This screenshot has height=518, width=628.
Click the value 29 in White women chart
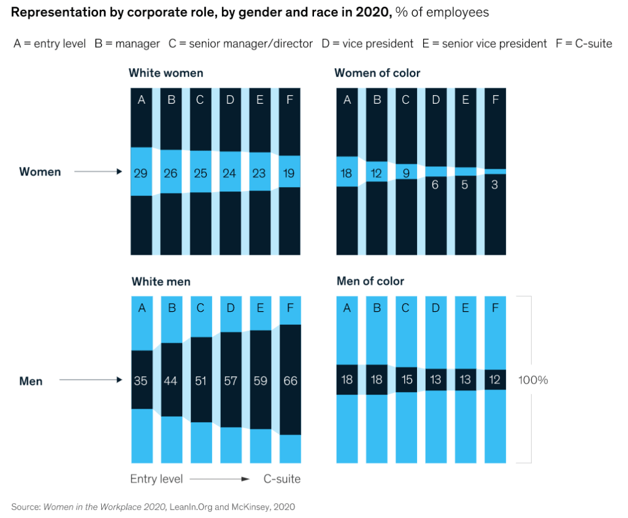coord(141,174)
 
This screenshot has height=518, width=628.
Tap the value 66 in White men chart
coord(290,381)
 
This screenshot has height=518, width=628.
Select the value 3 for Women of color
coord(495,184)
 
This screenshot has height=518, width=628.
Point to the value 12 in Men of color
coord(495,380)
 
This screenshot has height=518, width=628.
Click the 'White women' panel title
coord(166,73)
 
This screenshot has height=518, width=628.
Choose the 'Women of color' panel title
coord(377,73)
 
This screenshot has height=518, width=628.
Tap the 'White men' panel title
coord(161,282)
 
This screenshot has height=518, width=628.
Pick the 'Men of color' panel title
coord(370,282)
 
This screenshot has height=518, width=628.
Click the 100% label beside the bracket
coord(532,381)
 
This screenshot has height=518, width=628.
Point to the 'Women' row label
coord(40,172)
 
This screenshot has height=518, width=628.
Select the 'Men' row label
coord(31,381)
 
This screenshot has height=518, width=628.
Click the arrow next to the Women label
coord(98,172)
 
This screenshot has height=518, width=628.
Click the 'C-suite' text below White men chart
coord(282,479)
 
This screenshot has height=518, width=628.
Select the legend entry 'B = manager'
coord(127,44)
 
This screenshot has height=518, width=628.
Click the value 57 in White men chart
coord(230,381)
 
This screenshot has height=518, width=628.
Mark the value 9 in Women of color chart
coord(406,174)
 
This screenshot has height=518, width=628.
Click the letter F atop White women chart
coord(290,100)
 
